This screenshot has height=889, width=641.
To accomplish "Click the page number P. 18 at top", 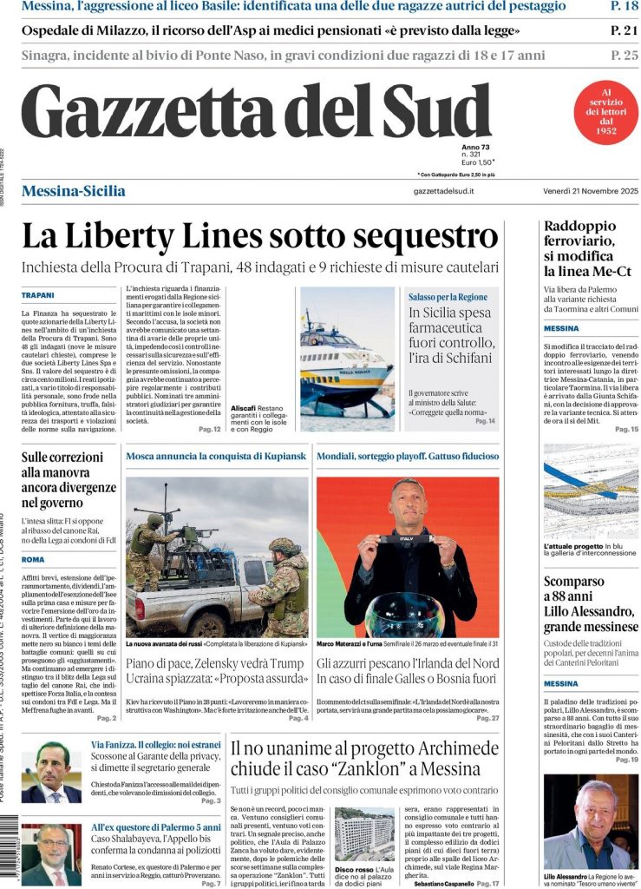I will (x=625, y=7).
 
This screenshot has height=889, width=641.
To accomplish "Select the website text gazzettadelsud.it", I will (x=443, y=191).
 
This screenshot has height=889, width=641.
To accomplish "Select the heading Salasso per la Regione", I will (x=448, y=297).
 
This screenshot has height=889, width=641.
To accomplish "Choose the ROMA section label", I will (x=33, y=560).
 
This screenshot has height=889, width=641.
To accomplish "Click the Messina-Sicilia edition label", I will (x=73, y=191).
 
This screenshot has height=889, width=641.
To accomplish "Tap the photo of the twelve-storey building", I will (x=363, y=834).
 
